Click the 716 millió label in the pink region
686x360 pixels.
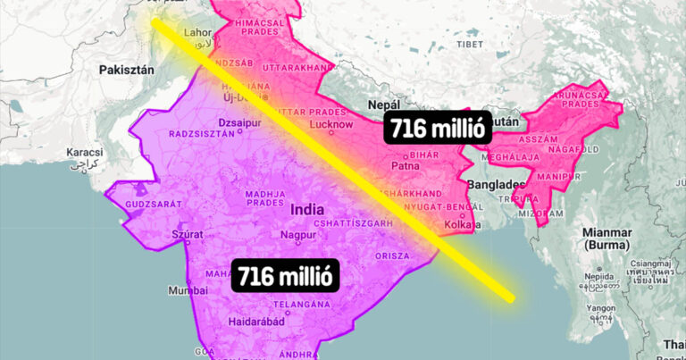pyautogui.click(x=437, y=128)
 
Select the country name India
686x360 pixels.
pyautogui.click(x=308, y=209)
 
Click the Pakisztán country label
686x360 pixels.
pyautogui.click(x=128, y=69)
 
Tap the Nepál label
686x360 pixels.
pyautogui.click(x=384, y=105)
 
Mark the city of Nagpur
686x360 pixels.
pyautogui.click(x=297, y=236)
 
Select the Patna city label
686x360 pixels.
pyautogui.click(x=406, y=164)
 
